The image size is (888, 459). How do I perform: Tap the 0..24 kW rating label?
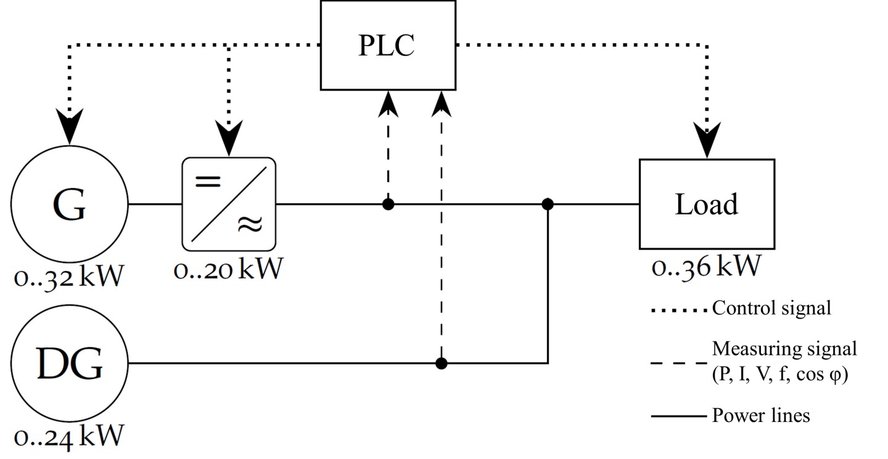pyautogui.click(x=69, y=437)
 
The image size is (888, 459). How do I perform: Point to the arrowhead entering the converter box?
pyautogui.click(x=229, y=138)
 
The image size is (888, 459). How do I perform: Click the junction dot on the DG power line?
pyautogui.click(x=442, y=363)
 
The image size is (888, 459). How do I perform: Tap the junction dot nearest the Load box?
pyautogui.click(x=548, y=205)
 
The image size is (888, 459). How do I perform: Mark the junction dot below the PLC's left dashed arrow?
pyautogui.click(x=388, y=205)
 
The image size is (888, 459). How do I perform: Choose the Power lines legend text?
pyautogui.click(x=761, y=416)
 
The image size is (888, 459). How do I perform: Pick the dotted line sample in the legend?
pyautogui.click(x=679, y=311)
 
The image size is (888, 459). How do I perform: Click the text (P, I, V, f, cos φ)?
pyautogui.click(x=779, y=374)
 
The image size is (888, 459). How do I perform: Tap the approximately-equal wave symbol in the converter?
pyautogui.click(x=250, y=224)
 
